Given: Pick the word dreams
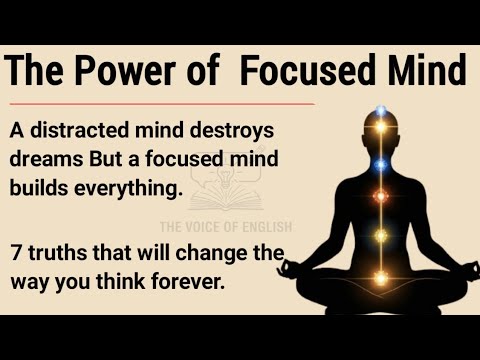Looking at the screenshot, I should point(45,160).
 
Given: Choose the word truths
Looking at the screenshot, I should point(59,250).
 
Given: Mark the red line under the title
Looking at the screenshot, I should point(160,102).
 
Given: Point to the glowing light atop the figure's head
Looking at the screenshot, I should point(380,110).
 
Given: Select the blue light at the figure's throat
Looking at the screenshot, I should point(380,164).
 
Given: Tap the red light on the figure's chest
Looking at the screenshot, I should point(380,197).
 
